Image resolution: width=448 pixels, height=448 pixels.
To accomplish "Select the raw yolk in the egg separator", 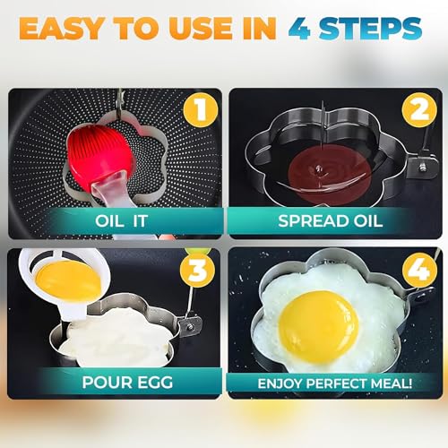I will tap(67, 278).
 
